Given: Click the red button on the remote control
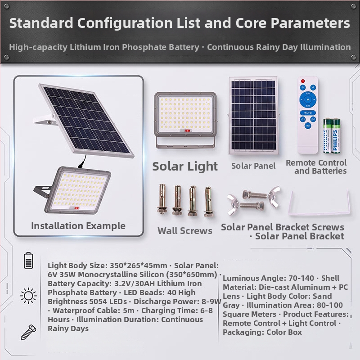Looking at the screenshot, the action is click(303, 81).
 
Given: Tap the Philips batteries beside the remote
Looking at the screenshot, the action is click(332, 136).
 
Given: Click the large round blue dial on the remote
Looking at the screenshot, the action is click(308, 99).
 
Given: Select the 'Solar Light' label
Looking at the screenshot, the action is click(185, 166).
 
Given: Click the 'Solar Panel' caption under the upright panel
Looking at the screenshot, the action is click(253, 166).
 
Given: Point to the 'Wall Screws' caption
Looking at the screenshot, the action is click(185, 231).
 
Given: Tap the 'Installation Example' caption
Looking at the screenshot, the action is click(78, 226).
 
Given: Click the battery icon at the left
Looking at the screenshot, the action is click(28, 261).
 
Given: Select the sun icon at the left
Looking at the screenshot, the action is click(28, 296).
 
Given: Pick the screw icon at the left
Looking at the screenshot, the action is click(28, 332).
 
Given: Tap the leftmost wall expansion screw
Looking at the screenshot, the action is click(162, 199).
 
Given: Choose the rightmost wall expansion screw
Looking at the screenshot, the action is click(209, 202).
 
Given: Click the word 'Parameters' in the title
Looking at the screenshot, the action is click(310, 23).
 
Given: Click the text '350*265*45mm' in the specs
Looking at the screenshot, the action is click(139, 265).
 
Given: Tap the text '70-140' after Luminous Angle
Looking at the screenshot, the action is click(301, 278).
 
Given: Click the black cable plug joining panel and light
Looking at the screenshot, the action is click(82, 164).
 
